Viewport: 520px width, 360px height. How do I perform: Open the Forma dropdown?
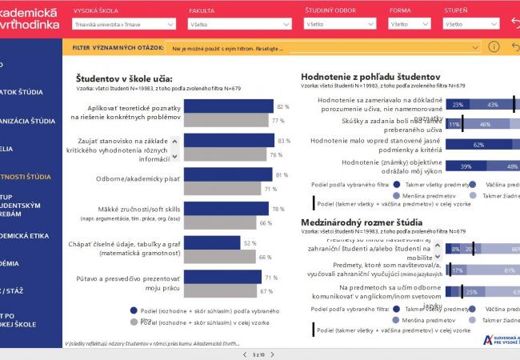410,25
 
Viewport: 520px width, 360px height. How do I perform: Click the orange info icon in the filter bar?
494,47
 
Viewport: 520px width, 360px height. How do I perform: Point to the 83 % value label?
283,141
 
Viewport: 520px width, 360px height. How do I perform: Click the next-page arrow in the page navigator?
274,354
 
